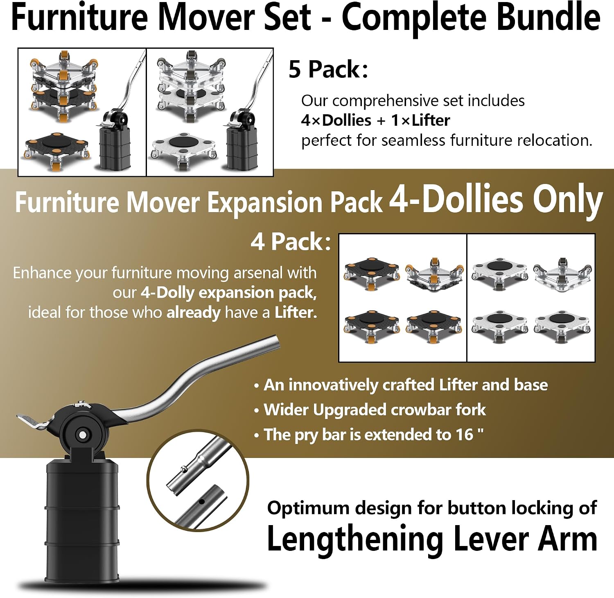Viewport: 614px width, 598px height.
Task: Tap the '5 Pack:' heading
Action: tap(328, 69)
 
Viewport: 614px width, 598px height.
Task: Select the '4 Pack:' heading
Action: tap(291, 242)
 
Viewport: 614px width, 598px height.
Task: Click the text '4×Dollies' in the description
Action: tap(336, 120)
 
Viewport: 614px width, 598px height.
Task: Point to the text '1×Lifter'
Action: tap(420, 120)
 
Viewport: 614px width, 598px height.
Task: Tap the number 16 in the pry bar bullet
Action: tap(464, 435)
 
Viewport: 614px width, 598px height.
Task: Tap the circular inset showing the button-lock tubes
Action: tap(198, 480)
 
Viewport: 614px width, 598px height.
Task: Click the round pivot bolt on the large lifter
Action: tap(82, 434)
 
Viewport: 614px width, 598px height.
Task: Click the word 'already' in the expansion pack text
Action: tap(194, 313)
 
